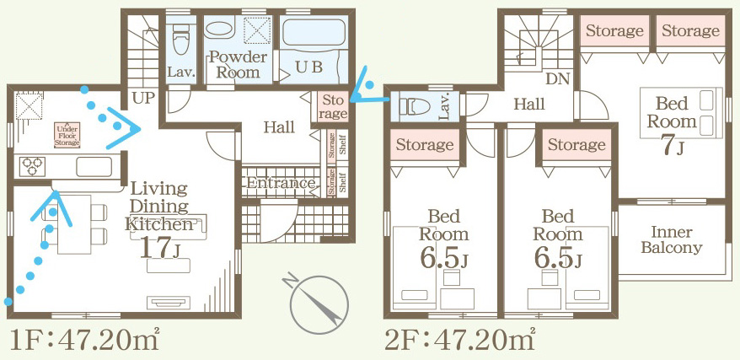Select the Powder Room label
[238, 65]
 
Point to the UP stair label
[144, 99]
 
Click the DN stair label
[557, 78]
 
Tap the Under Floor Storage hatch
[68, 136]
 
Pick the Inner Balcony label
[671, 239]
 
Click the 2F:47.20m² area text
[459, 340]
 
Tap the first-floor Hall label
[279, 127]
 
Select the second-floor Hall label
[529, 105]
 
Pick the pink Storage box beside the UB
[332, 105]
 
